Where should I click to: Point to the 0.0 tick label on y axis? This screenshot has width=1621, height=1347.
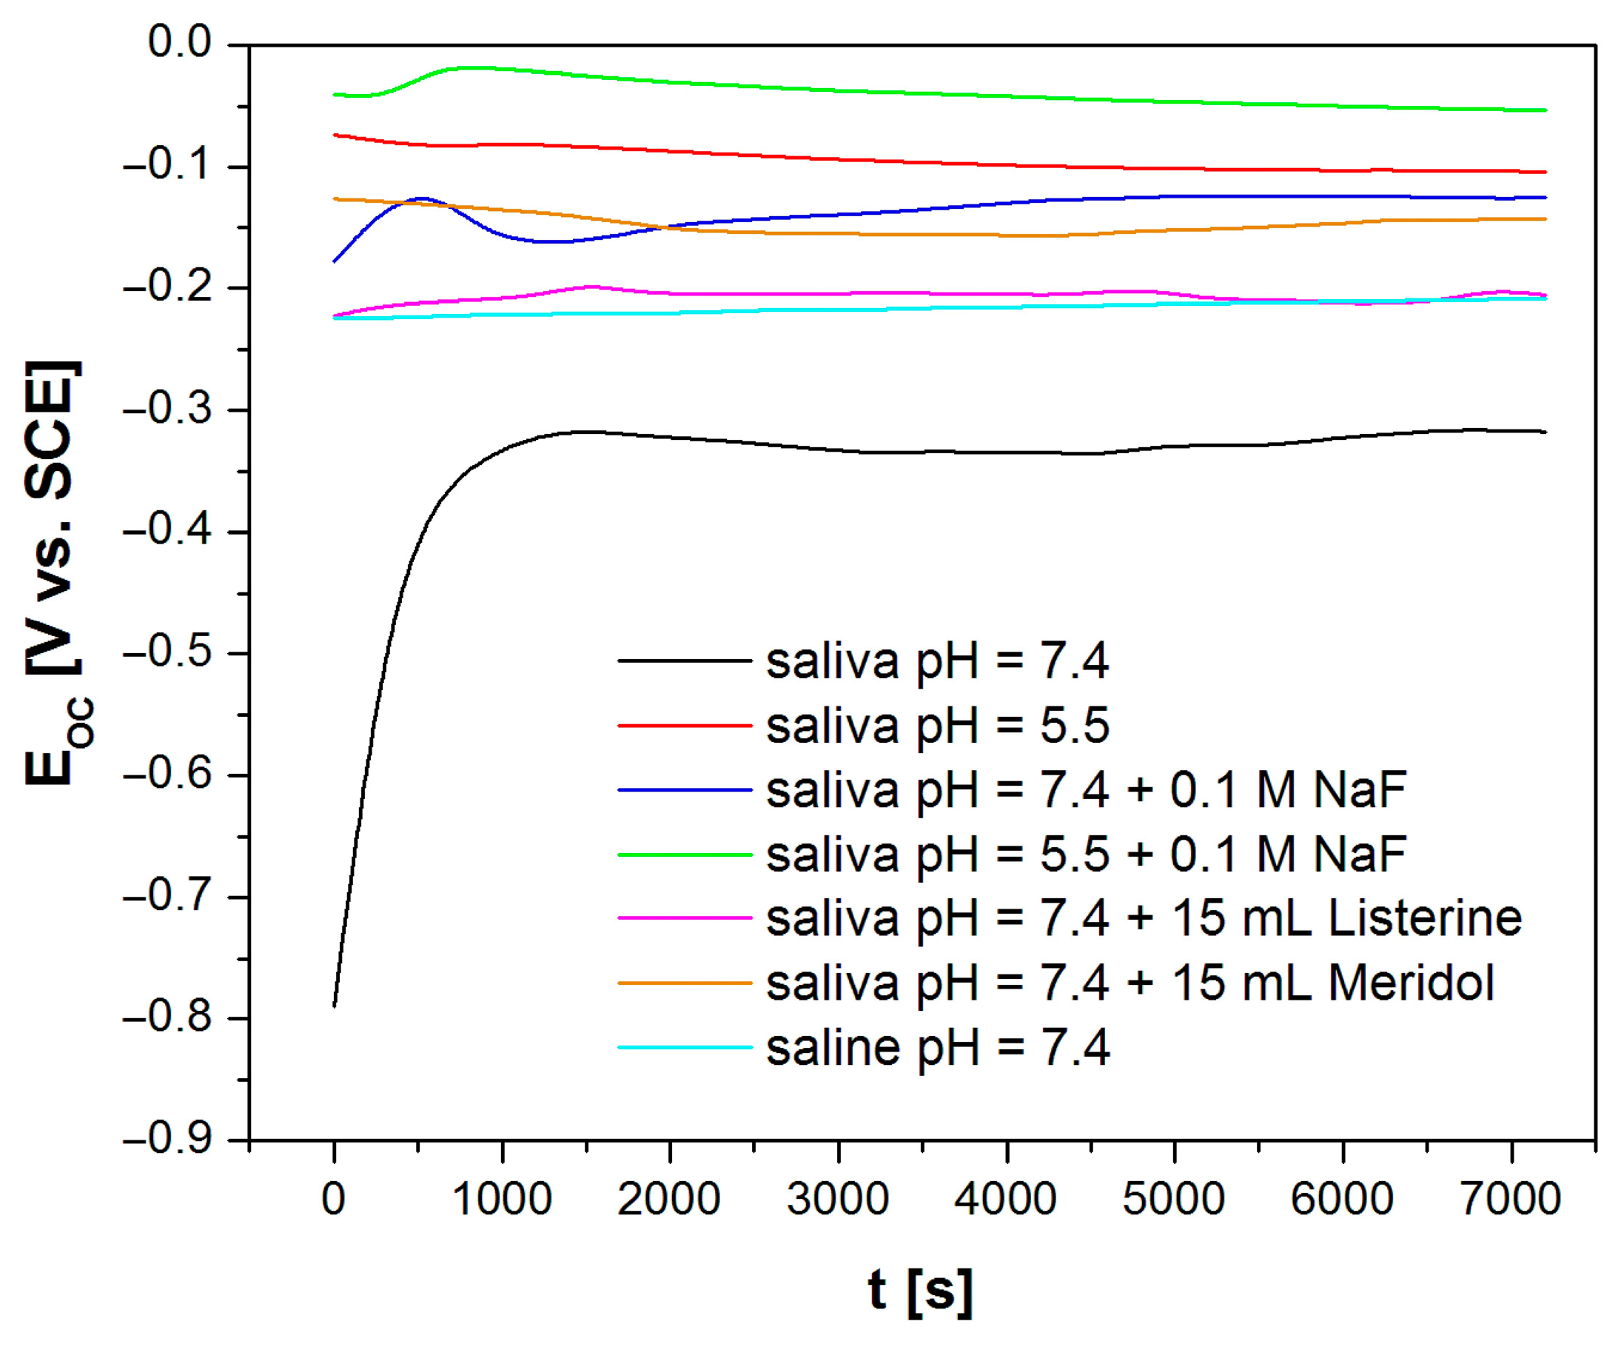click(179, 42)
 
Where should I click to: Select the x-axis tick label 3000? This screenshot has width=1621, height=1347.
click(838, 1200)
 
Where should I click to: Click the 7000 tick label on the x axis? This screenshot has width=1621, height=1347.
click(1511, 1200)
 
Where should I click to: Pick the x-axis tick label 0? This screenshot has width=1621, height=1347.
click(334, 1200)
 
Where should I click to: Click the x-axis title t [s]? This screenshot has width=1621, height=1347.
click(920, 1291)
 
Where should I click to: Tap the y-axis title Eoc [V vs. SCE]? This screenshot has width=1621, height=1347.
click(54, 572)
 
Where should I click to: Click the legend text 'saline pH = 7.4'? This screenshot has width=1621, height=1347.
click(937, 1048)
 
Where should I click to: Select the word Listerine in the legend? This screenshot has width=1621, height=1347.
click(1424, 918)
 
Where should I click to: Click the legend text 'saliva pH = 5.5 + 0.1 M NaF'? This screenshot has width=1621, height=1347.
click(1085, 855)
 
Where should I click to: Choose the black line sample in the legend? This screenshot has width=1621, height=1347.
click(684, 661)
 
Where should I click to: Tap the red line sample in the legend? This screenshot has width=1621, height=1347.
click(684, 725)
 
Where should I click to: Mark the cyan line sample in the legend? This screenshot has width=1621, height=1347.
click(684, 1048)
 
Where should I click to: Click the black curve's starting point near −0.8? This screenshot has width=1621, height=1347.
click(335, 1006)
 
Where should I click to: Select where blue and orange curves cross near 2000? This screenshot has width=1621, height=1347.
click(665, 227)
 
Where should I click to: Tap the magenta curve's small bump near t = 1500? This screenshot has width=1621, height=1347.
click(591, 287)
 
